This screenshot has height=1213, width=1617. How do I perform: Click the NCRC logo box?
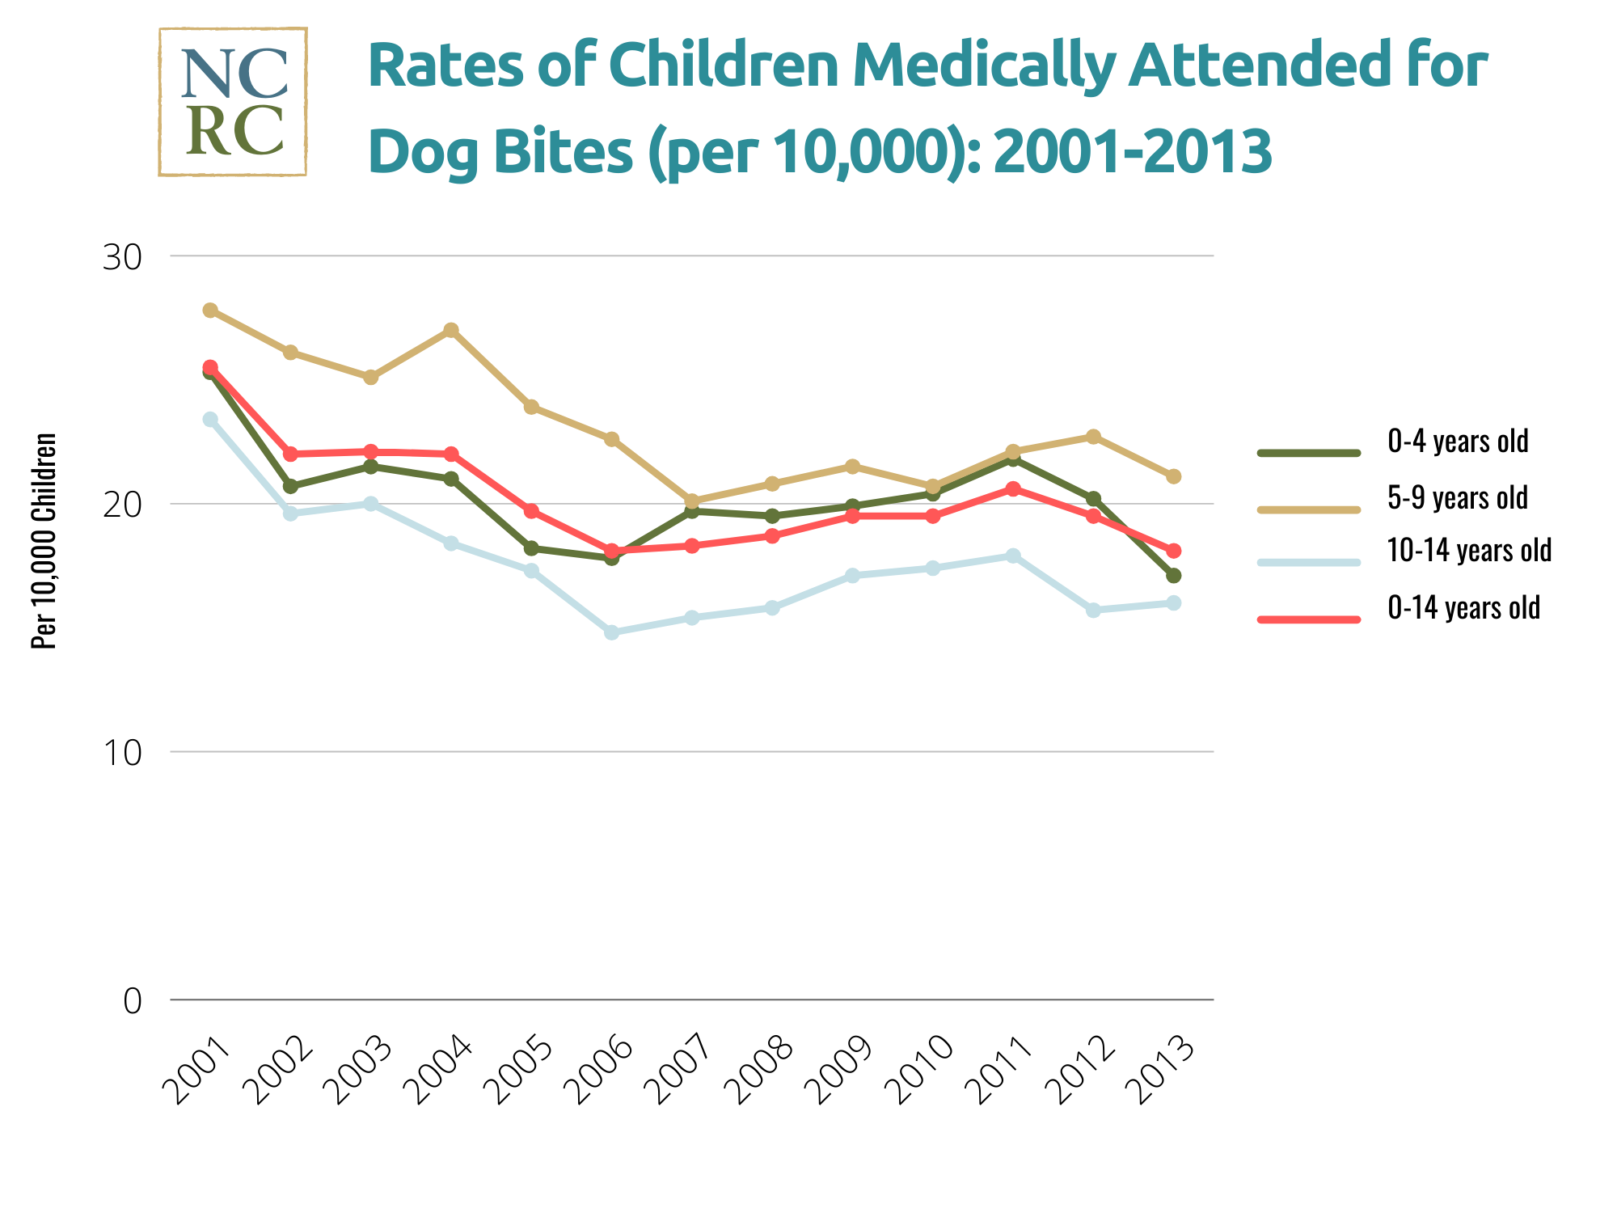(233, 102)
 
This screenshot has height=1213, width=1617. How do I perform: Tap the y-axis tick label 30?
(121, 257)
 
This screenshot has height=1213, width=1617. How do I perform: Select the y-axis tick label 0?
(132, 1001)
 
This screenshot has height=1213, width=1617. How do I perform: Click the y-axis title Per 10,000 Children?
(44, 540)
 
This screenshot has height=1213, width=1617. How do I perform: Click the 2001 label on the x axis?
(196, 1071)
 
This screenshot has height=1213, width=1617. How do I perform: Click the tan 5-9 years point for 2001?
(210, 311)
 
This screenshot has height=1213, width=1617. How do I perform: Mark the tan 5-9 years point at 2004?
(451, 330)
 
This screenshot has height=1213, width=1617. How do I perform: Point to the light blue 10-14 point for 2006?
(612, 632)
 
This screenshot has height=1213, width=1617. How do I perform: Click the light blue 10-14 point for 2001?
(210, 419)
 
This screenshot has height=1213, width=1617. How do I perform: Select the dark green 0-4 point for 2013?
(1174, 576)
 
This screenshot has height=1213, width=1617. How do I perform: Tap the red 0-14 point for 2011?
(1013, 488)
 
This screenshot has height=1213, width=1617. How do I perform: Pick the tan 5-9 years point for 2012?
(1093, 437)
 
